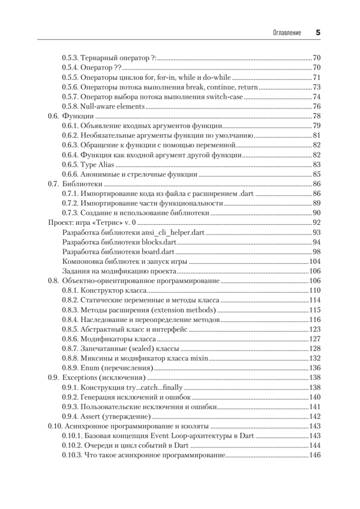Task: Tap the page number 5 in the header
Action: (318, 32)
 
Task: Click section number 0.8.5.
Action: (70, 329)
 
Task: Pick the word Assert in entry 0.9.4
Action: (90, 417)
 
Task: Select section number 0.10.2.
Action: (72, 446)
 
